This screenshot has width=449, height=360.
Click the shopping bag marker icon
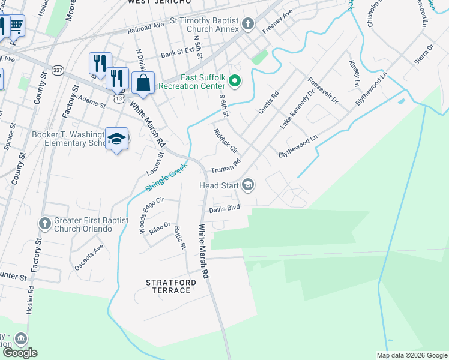pyautogui.click(x=143, y=83)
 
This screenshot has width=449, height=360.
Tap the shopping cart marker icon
pyautogui.click(x=16, y=25)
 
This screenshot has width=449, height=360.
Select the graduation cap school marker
pyautogui.click(x=116, y=139)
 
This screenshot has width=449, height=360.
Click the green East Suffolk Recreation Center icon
pyautogui.click(x=235, y=81)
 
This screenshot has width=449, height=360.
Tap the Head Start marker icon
pyautogui.click(x=247, y=186)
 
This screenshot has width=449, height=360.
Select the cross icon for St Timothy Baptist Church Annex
pyautogui.click(x=249, y=25)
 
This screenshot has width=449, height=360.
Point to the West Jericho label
pyautogui.click(x=158, y=3)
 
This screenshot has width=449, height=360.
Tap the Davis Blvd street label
pyautogui.click(x=224, y=208)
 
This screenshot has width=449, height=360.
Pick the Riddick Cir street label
pyautogui.click(x=226, y=140)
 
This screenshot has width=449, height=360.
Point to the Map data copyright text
pyautogui.click(x=411, y=355)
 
